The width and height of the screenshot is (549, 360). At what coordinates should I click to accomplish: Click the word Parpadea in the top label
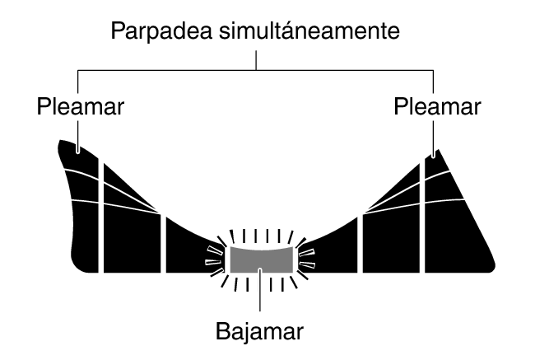162,32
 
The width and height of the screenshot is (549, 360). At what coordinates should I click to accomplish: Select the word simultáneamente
309,30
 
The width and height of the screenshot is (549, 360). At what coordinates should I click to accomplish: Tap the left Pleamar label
81,106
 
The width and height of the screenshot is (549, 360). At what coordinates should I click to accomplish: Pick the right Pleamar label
437,106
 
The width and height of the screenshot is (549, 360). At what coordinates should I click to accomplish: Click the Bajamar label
259,331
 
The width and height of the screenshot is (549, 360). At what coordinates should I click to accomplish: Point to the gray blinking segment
262,259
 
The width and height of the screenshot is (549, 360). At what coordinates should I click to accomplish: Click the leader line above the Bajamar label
260,290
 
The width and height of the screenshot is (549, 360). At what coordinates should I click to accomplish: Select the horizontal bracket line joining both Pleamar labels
256,71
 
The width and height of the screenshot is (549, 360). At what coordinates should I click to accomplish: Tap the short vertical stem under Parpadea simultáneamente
256,60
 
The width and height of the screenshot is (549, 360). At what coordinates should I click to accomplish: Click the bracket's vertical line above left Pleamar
77,82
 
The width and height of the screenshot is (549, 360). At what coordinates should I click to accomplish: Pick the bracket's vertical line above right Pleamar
434,82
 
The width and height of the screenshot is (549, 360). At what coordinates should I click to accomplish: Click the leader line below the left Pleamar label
78,137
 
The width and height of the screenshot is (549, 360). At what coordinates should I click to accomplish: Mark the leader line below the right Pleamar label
434,139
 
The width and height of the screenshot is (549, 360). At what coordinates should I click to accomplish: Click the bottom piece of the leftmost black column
85,237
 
